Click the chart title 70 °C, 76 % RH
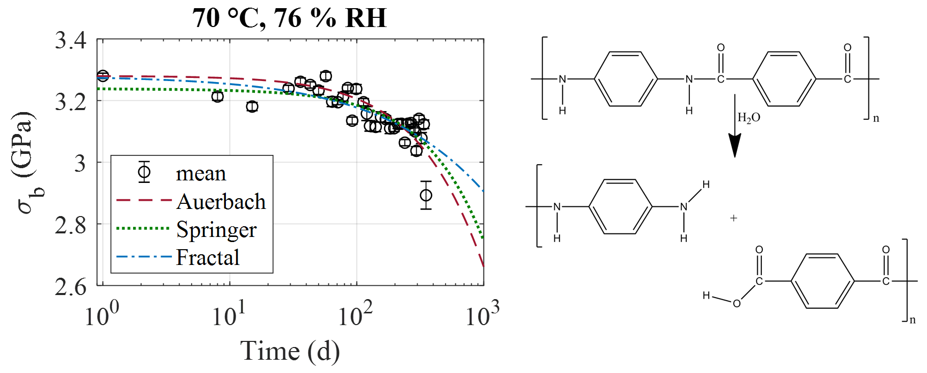click(x=289, y=18)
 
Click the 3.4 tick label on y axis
click(x=71, y=41)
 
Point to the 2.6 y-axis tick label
click(x=71, y=287)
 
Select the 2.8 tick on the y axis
click(x=71, y=225)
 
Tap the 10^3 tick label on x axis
click(x=482, y=315)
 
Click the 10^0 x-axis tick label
click(x=101, y=315)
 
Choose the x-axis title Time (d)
click(x=290, y=352)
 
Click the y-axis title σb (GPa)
click(x=25, y=162)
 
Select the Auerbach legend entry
click(x=221, y=202)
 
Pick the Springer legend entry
click(x=216, y=230)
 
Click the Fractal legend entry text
click(x=208, y=257)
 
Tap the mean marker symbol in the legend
click(x=144, y=173)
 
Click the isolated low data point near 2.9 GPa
click(x=426, y=195)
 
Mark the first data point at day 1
click(x=103, y=76)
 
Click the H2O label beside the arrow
click(x=749, y=118)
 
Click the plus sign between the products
click(x=733, y=218)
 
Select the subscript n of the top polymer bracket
click(x=876, y=119)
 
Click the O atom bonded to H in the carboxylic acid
click(x=736, y=304)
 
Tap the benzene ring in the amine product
click(x=621, y=206)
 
